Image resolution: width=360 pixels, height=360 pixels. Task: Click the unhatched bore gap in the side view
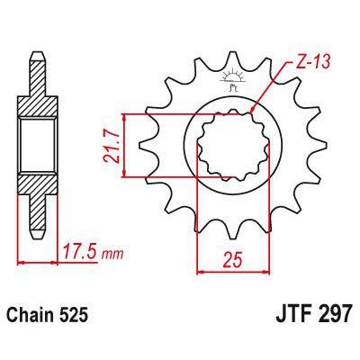pyautogui.click(x=36, y=145)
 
